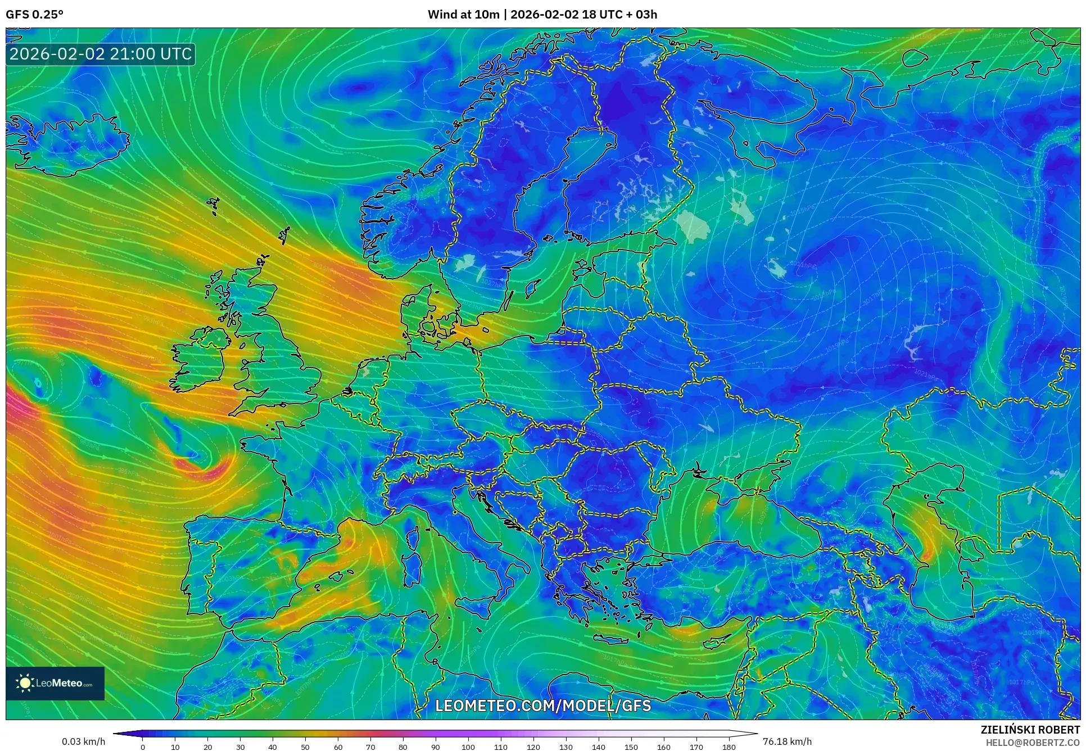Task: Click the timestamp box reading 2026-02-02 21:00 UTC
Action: pos(101,54)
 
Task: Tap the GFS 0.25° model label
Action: pos(34,15)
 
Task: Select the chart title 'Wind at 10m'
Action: pos(463,15)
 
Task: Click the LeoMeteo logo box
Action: pos(55,683)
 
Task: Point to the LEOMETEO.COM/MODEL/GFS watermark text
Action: pos(543,706)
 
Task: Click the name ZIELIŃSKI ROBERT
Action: pos(1030,730)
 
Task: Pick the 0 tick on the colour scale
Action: pos(143,747)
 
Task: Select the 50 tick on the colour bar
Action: pos(305,747)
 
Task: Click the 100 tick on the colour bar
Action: pos(468,747)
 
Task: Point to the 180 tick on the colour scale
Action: pos(728,747)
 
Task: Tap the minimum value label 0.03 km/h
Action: pos(83,741)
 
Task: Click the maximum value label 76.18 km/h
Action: pos(787,741)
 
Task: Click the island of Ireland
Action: pos(200,359)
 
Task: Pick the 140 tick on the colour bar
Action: pos(599,747)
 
